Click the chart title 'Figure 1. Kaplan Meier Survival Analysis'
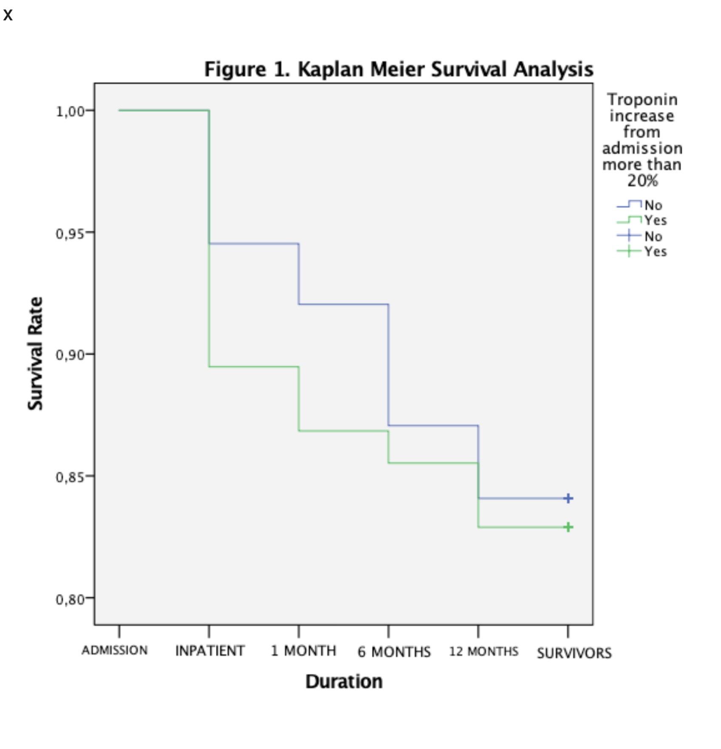tap(398, 69)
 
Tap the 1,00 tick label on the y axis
tap(70, 111)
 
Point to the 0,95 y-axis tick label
tap(70, 233)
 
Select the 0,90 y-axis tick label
tap(70, 355)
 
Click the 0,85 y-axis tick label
tap(70, 477)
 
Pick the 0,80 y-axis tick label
tap(70, 599)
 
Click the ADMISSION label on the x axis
tap(115, 650)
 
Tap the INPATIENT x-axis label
tap(210, 651)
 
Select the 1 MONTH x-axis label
tap(304, 651)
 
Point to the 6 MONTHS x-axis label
tap(394, 652)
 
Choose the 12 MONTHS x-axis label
tap(484, 651)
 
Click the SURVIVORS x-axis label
tap(574, 653)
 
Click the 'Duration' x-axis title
tap(344, 681)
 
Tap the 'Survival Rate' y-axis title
tap(36, 353)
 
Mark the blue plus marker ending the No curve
tap(568, 498)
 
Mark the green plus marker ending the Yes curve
tap(568, 527)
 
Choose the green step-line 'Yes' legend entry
tap(641, 220)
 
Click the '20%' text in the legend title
tap(642, 181)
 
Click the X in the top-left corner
tap(8, 15)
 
